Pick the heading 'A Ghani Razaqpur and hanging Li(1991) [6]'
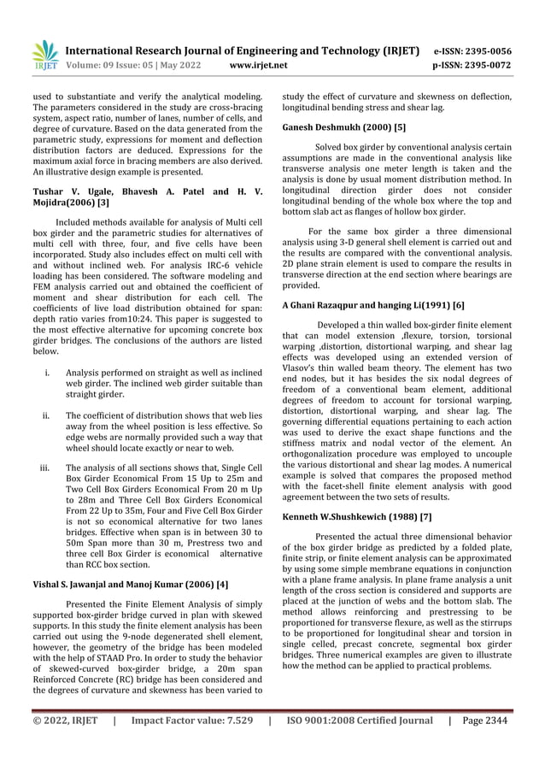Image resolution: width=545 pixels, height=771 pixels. click(x=373, y=305)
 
